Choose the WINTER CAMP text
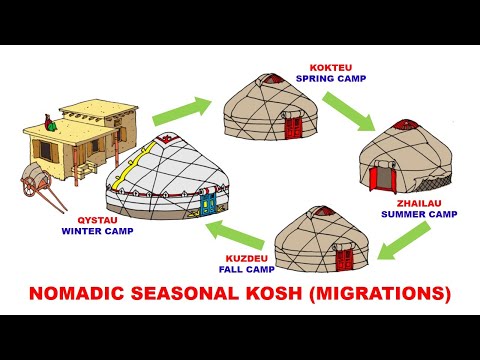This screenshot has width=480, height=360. click(x=97, y=231)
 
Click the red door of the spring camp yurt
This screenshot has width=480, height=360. click(x=293, y=125)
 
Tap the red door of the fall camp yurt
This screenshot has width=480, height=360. click(x=345, y=258)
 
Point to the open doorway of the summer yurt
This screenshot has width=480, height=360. click(x=381, y=178)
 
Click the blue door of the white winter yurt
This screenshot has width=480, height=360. click(x=208, y=204)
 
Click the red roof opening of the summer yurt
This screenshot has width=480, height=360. click(x=405, y=125)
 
